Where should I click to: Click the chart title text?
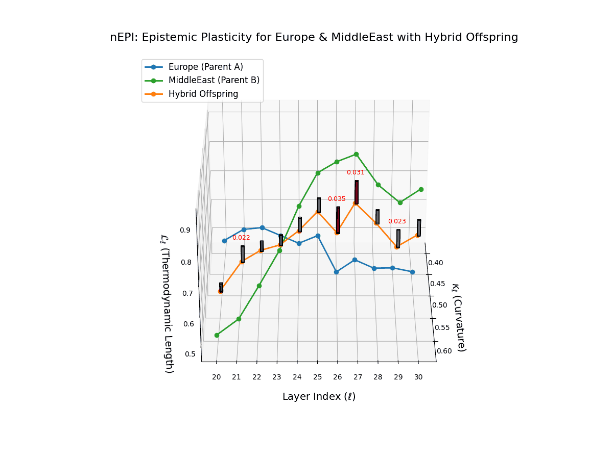coord(314,37)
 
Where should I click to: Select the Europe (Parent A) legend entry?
coord(205,67)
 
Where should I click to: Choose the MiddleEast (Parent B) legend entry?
coord(214,80)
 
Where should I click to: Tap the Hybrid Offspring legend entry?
coord(203,94)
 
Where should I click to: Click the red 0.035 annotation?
coord(337,199)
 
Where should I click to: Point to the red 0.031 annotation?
coord(356,172)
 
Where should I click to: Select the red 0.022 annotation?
coord(241,238)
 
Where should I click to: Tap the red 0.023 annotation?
coord(397,221)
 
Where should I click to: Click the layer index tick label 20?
coord(217,377)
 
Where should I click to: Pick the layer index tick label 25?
coord(317,377)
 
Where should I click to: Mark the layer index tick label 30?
coord(418,377)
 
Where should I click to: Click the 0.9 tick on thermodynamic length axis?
coord(185,230)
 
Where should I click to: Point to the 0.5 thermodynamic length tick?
coord(190,354)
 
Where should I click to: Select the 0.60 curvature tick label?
coord(444,351)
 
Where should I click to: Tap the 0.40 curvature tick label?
coord(435,263)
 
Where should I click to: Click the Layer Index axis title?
coord(319,397)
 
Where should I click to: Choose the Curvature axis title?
coord(458,318)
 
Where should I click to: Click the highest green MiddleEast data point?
coord(356,154)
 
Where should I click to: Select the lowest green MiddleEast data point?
coord(217,335)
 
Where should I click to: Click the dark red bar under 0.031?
coord(356,192)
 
